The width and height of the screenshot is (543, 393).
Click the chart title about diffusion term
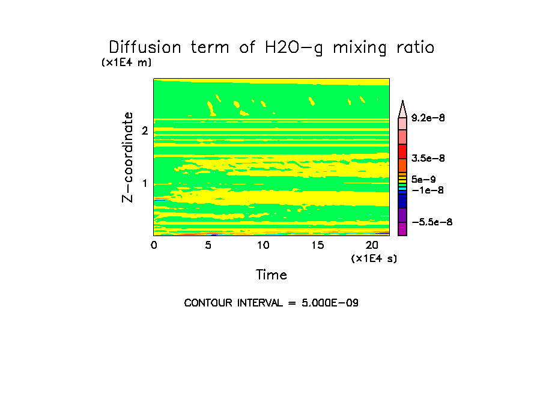[x=271, y=47]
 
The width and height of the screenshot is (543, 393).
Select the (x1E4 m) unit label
[x=127, y=62]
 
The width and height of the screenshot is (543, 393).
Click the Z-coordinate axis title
[x=127, y=157]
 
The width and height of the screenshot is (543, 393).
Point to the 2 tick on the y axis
[x=145, y=131]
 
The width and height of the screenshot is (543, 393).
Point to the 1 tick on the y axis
[x=145, y=184]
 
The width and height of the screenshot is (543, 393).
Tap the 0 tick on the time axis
[x=154, y=245]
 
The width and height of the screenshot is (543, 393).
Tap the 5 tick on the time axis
[x=208, y=245]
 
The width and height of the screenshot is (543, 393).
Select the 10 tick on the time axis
[x=262, y=245]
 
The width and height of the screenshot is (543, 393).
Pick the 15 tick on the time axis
[x=317, y=245]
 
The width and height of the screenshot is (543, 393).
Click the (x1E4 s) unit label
[x=374, y=258]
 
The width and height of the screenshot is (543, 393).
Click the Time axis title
[x=271, y=275]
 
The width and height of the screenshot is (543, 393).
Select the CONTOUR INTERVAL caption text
[x=271, y=303]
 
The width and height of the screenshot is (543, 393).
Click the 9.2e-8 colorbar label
[x=428, y=118]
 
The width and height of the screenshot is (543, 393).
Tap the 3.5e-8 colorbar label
[x=428, y=159]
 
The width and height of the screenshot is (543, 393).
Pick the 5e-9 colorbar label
[x=423, y=179]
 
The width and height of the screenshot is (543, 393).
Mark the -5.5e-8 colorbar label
[x=431, y=222]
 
